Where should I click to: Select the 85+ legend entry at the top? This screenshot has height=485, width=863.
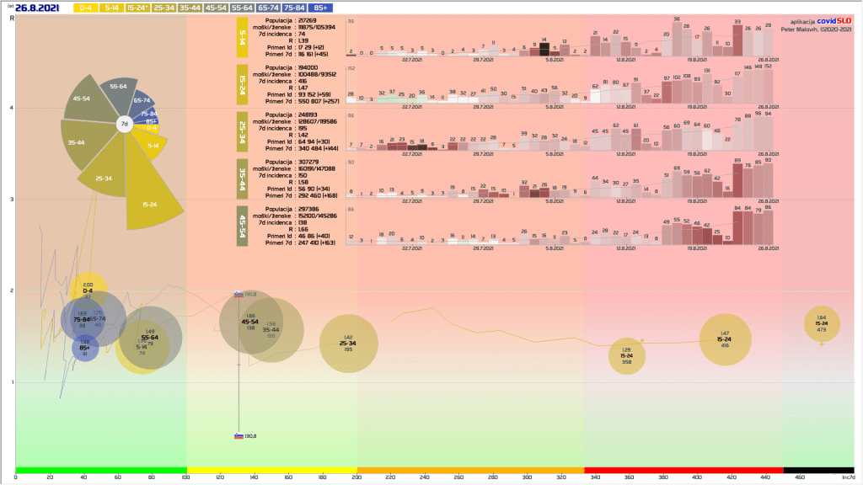click(x=319, y=8)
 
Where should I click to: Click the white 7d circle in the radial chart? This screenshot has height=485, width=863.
click(x=124, y=125)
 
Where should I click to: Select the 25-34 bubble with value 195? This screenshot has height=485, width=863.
click(x=348, y=343)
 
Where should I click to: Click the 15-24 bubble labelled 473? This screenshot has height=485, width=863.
click(x=821, y=324)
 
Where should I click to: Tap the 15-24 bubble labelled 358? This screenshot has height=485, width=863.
click(x=626, y=355)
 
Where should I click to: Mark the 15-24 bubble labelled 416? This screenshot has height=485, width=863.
click(x=725, y=339)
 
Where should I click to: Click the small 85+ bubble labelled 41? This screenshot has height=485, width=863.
click(x=84, y=348)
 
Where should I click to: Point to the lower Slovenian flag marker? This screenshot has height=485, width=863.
click(x=239, y=435)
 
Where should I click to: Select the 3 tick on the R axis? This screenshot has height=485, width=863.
click(x=11, y=200)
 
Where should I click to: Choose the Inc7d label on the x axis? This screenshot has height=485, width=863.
click(x=849, y=478)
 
